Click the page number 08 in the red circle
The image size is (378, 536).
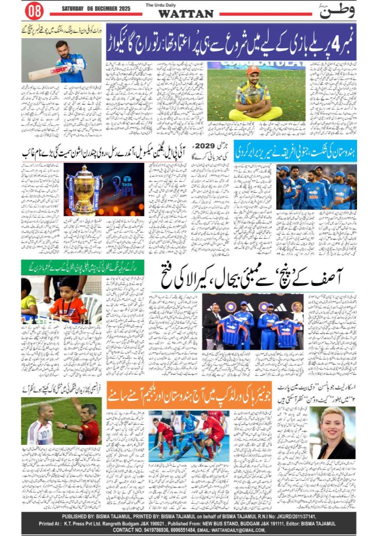point(34,10)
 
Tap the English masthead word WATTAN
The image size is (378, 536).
point(186,14)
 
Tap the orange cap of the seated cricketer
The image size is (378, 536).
point(254,70)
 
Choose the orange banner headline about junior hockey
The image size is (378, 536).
point(189,395)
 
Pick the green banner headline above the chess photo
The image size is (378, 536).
point(61,267)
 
